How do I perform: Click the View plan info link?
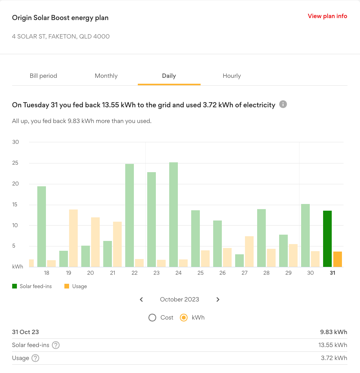tap(327, 16)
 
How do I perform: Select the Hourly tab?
tap(232, 76)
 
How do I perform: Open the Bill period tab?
tap(44, 76)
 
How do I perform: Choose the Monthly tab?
tap(106, 76)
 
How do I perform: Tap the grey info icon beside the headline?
tap(283, 105)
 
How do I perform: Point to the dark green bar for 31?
tap(327, 239)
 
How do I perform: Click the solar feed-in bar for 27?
tap(239, 261)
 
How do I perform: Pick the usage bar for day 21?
tap(117, 244)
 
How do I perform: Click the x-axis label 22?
tap(135, 273)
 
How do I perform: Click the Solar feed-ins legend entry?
tap(32, 286)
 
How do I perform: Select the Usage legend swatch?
tap(66, 286)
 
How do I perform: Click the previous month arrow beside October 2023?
tap(141, 300)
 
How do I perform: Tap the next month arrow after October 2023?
tap(218, 300)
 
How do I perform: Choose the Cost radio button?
tap(152, 318)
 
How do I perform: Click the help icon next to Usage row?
tap(35, 358)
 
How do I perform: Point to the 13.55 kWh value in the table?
tap(333, 345)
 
